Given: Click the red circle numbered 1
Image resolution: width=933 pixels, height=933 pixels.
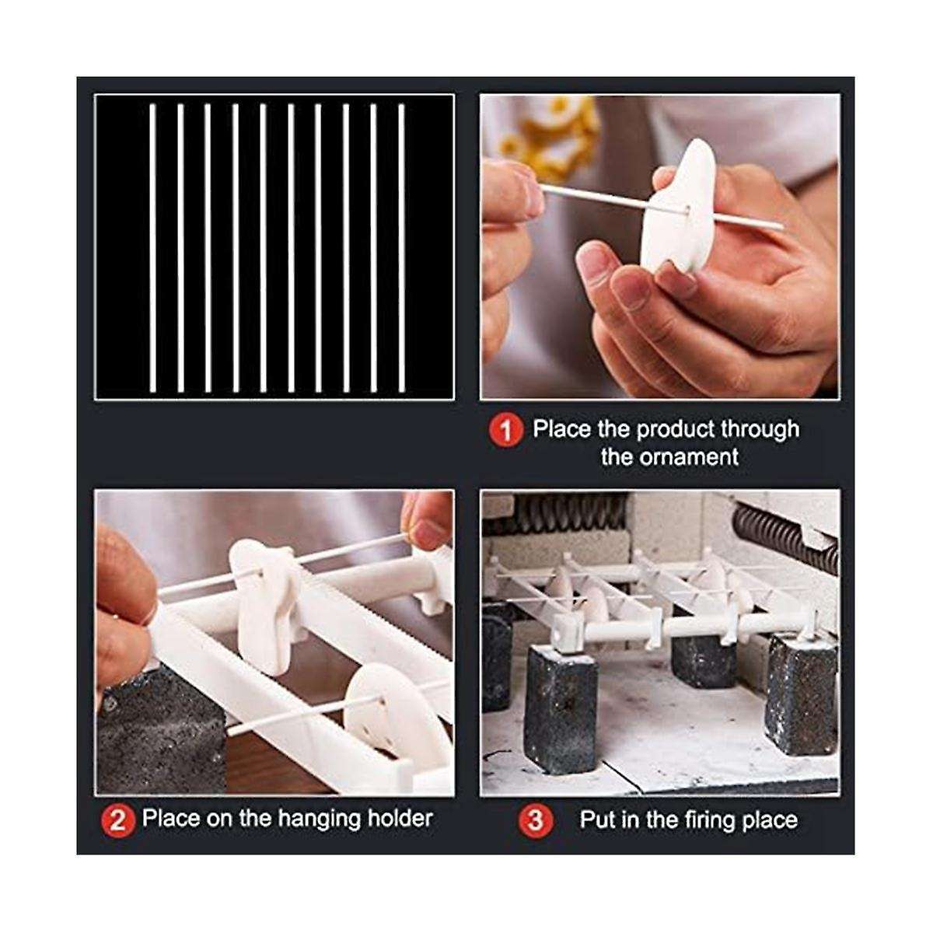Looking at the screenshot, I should point(506,430).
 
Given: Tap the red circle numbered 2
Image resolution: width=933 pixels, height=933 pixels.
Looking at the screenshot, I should point(117,820).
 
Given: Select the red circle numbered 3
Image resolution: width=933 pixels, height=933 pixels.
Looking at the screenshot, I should point(536,820).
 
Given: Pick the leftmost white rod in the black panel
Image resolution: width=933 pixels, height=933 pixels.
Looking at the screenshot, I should point(152,247).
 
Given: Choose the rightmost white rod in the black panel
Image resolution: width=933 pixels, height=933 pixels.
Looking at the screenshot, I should point(401,247).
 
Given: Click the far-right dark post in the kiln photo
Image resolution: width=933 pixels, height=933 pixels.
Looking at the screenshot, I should point(801,692).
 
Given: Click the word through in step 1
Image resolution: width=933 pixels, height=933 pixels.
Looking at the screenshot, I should point(759,429).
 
